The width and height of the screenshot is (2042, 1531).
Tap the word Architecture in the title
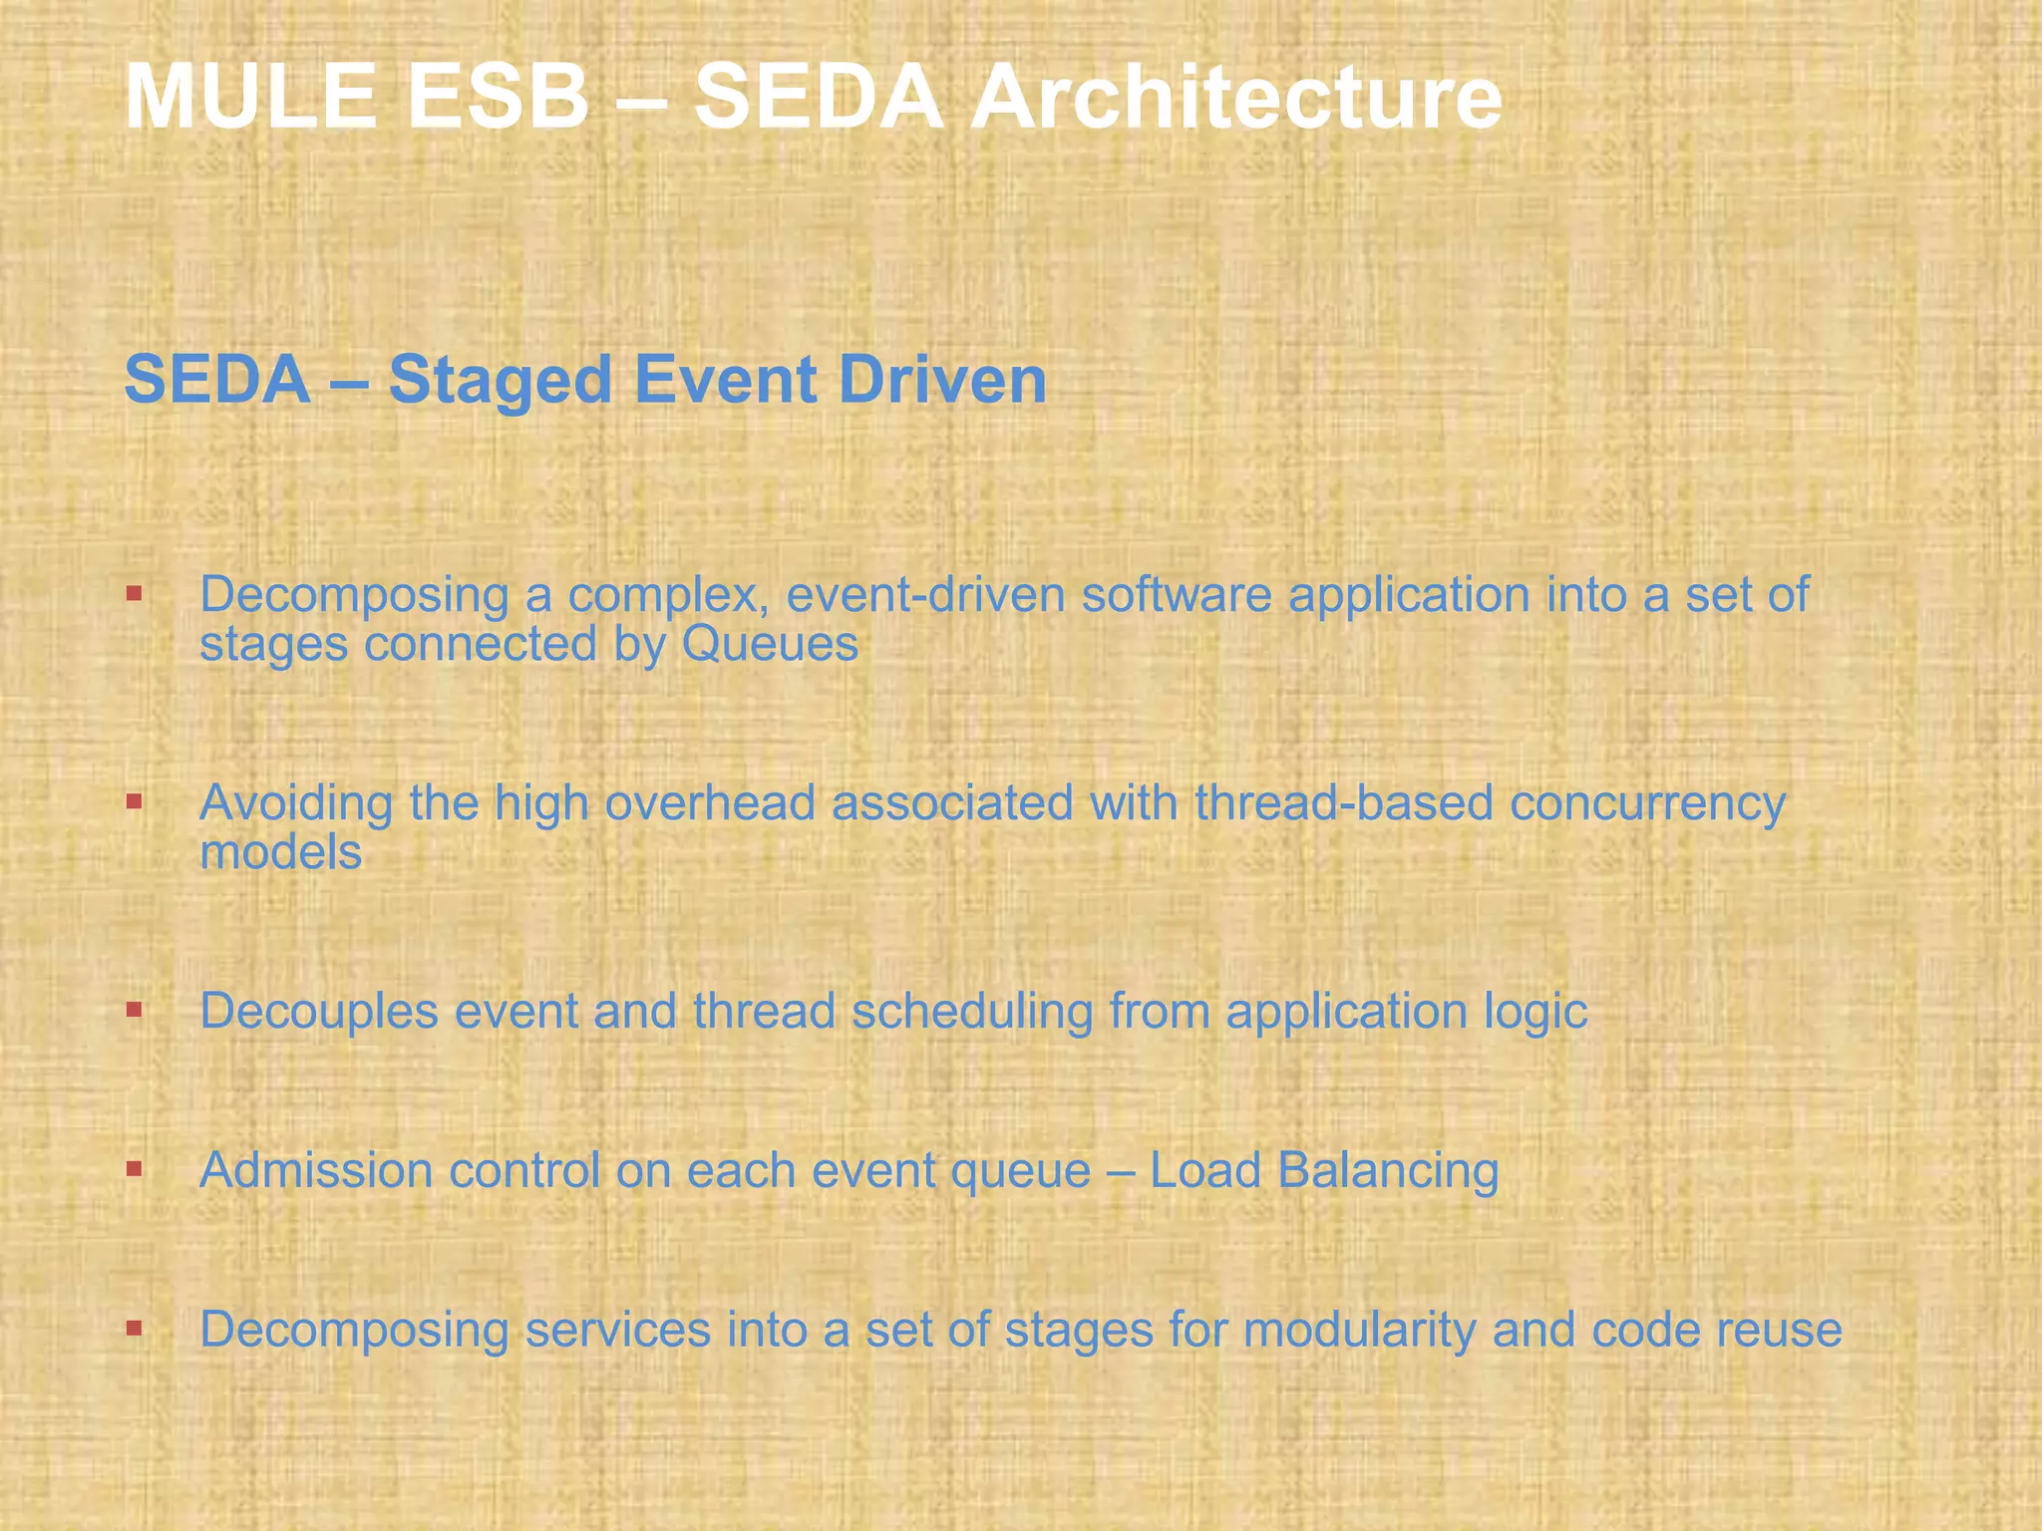1235,97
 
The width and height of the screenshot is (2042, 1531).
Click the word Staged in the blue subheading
499,381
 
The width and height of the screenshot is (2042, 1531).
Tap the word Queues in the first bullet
770,644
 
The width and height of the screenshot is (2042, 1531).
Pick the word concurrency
1647,803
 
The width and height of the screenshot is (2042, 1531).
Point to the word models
280,852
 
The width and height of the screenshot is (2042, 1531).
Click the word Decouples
319,1012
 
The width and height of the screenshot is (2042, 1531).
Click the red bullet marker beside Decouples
134,1009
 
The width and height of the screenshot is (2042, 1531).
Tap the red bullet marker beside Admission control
134,1167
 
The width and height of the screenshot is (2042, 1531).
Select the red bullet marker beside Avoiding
134,799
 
